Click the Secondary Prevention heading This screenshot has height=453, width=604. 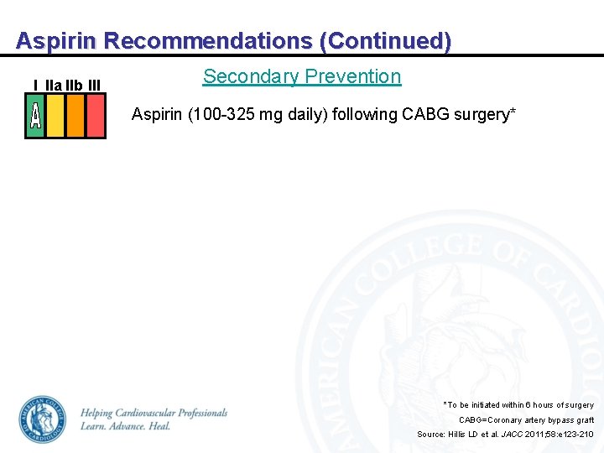[302, 76]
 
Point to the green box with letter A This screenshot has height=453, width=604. [35, 115]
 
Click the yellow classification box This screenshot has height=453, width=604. [55, 115]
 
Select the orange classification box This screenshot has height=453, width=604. [75, 115]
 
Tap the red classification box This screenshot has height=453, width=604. [96, 115]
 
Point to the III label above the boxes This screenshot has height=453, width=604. [94, 85]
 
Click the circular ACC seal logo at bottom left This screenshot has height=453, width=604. [43, 420]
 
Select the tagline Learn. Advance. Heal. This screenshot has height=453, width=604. [125, 426]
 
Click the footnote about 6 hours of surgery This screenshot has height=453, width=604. [518, 405]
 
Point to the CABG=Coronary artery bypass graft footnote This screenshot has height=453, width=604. [526, 419]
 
